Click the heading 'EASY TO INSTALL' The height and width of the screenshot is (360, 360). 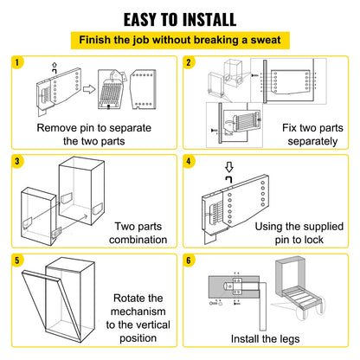coord(180,18)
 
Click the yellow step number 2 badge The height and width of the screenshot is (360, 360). coord(190,61)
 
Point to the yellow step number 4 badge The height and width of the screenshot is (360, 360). coord(190,161)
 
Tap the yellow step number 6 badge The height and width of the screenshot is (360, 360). coord(190,260)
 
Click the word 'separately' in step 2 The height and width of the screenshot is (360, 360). coord(308,144)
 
